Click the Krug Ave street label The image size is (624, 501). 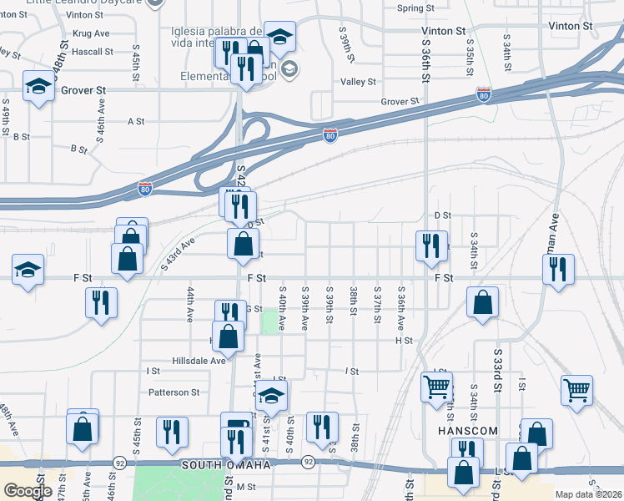pos(91,33)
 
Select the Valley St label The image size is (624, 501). pos(360,82)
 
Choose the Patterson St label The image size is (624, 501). pos(174,392)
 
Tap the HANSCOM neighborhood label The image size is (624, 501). pos(468,431)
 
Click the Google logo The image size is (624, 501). pos(28,490)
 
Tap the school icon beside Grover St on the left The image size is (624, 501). pos(38,86)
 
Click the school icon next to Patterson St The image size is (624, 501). pos(271,396)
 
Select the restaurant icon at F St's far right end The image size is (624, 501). pos(557,270)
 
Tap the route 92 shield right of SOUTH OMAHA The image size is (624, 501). pos(308,461)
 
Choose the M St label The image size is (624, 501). pos(246,487)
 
